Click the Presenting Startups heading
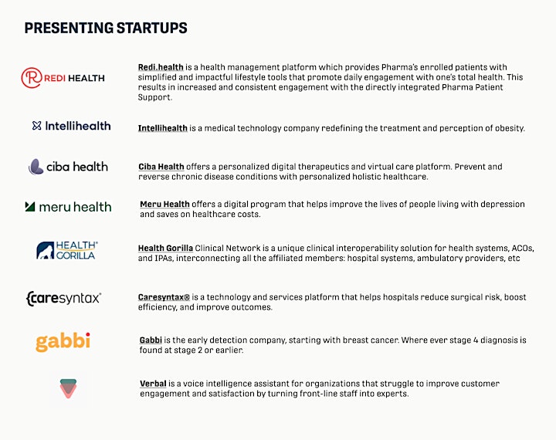(106, 28)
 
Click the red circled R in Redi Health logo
(32, 78)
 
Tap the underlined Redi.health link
(161, 67)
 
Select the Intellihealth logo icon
(36, 126)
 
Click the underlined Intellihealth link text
(162, 128)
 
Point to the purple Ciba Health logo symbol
(36, 167)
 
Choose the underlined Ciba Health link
(161, 167)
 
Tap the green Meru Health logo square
(30, 206)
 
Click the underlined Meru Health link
(164, 205)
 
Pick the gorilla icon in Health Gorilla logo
(46, 250)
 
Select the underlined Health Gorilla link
(165, 249)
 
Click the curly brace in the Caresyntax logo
(28, 299)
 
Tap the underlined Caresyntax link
(164, 297)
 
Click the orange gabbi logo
(63, 342)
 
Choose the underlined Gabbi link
(151, 340)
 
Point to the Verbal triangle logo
(68, 388)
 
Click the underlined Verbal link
(153, 384)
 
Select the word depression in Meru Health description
(503, 205)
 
